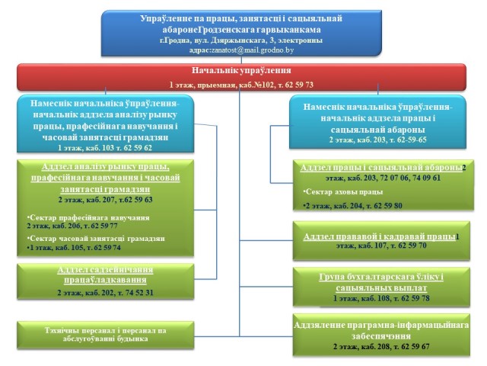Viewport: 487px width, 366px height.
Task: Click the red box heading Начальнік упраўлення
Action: tap(240, 71)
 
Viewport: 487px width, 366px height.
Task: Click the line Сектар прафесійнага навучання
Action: tap(88, 217)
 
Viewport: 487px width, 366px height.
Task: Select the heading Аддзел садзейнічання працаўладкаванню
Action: tap(105, 274)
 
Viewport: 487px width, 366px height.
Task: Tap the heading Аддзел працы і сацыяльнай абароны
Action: tap(380, 167)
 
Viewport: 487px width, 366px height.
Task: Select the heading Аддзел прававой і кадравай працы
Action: tap(380, 237)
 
